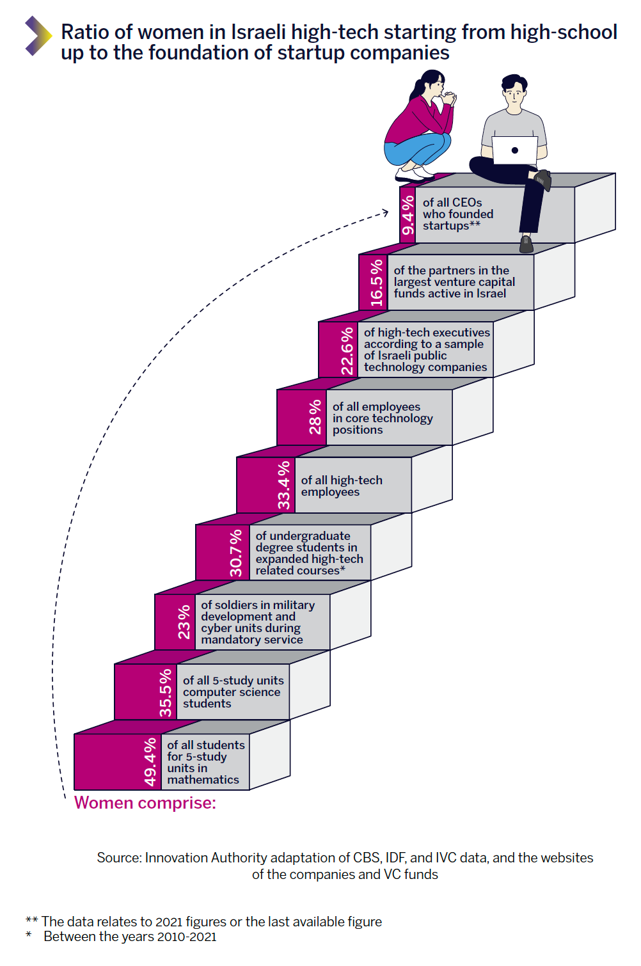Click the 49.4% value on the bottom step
150,761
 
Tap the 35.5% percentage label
166,692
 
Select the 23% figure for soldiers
184,622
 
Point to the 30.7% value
236,553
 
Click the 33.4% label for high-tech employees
283,485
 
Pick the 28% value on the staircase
315,417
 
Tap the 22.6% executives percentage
347,351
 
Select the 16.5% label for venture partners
376,282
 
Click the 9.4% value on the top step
408,215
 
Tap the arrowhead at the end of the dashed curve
385,212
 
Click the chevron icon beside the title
38,36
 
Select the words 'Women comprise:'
145,803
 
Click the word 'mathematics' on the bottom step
203,780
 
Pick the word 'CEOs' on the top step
467,203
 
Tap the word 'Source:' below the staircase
119,858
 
